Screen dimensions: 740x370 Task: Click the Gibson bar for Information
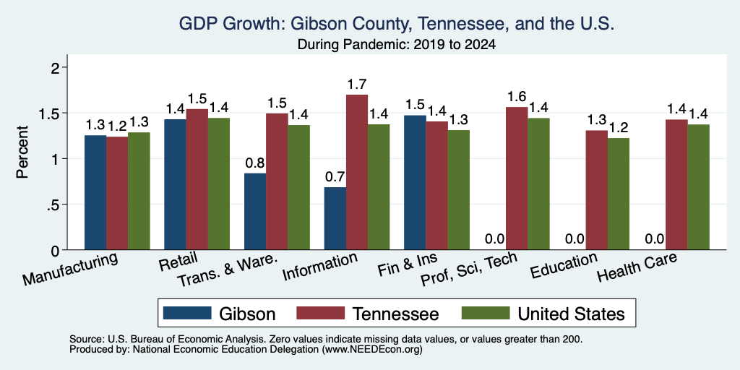pyautogui.click(x=335, y=218)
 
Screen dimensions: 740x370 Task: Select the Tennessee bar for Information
pyautogui.click(x=357, y=172)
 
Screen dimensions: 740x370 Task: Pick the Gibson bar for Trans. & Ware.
pyautogui.click(x=255, y=212)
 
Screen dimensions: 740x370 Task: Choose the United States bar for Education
pyautogui.click(x=619, y=194)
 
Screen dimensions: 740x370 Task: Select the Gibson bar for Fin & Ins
pyautogui.click(x=415, y=183)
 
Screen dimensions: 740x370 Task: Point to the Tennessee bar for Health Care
pyautogui.click(x=676, y=184)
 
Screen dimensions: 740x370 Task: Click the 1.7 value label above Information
pyautogui.click(x=357, y=85)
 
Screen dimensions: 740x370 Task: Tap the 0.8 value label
pyautogui.click(x=255, y=163)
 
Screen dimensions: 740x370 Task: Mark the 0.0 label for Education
pyautogui.click(x=575, y=239)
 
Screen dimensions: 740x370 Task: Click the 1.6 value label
pyautogui.click(x=517, y=97)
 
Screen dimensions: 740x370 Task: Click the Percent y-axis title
pyautogui.click(x=22, y=152)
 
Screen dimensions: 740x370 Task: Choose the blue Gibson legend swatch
pyautogui.click(x=187, y=313)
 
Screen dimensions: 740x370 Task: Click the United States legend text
pyautogui.click(x=571, y=314)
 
